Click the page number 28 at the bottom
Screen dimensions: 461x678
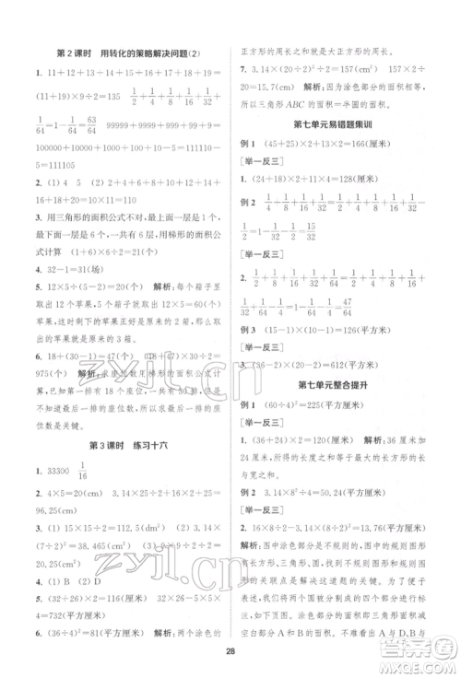coord(230,652)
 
